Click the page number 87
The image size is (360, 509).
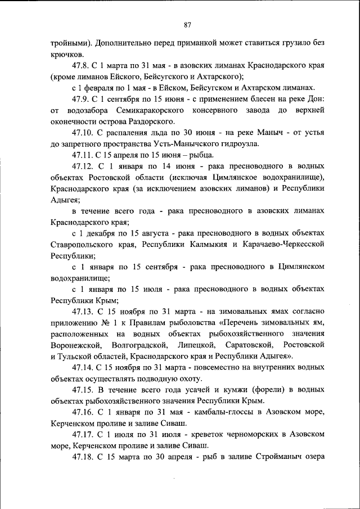point(188,25)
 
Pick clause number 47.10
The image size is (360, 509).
point(84,133)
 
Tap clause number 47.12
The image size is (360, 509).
point(84,166)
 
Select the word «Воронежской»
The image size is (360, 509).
point(75,345)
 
